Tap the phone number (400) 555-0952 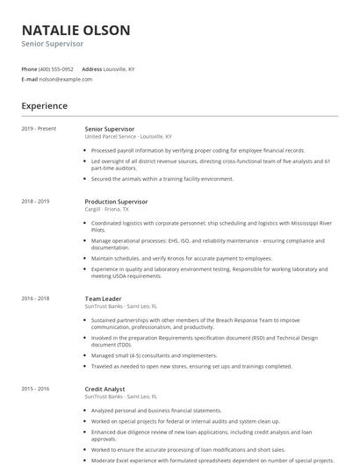pos(56,68)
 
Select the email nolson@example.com pos(66,79)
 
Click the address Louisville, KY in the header pos(120,68)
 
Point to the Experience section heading pos(44,106)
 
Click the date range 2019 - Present pos(39,129)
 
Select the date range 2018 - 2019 pos(35,201)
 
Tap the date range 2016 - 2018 pos(35,298)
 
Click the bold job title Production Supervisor pos(117,201)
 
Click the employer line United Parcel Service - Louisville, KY pos(128,137)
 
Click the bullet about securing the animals pos(162,179)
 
